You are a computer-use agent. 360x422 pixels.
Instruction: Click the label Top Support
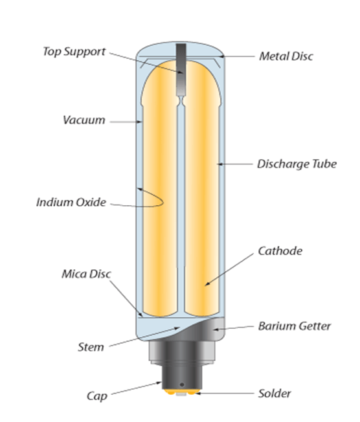coord(74,52)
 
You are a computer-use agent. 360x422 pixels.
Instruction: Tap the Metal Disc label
coord(286,56)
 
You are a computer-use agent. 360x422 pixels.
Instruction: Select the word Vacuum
coord(84,120)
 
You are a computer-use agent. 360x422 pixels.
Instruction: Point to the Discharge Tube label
coord(297,164)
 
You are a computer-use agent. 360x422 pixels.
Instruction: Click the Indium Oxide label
coord(71,202)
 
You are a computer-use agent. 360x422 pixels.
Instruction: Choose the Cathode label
coord(280,251)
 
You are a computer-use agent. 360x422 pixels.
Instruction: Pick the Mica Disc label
coord(86,274)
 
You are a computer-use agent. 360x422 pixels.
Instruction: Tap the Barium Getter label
coord(295,326)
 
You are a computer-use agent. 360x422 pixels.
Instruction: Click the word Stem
coord(91,347)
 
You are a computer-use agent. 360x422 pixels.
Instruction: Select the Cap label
coord(97,396)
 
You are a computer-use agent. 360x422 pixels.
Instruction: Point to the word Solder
coord(275,394)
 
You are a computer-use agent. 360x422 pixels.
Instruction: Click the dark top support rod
coord(181,70)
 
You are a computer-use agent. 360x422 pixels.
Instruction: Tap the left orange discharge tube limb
coord(160,188)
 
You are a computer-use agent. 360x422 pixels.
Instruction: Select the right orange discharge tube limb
coord(202,188)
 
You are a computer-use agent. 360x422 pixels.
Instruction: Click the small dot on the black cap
coord(182,384)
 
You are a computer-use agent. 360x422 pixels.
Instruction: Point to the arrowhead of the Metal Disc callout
coord(221,56)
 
